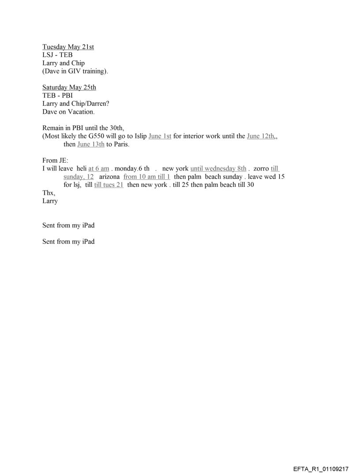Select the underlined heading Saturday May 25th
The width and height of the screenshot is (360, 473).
(x=69, y=87)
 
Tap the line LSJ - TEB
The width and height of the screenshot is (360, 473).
(x=57, y=55)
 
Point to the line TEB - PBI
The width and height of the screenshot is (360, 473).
(x=57, y=95)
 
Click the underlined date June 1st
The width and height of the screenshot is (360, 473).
(x=160, y=136)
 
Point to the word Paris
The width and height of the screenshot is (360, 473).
(x=121, y=144)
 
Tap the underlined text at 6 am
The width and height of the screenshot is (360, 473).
(x=99, y=168)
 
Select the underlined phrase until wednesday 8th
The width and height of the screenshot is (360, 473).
(x=218, y=168)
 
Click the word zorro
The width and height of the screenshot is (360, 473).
(x=261, y=168)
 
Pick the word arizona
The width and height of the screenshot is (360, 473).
(x=109, y=176)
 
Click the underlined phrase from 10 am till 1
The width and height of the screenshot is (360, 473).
(x=147, y=176)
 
